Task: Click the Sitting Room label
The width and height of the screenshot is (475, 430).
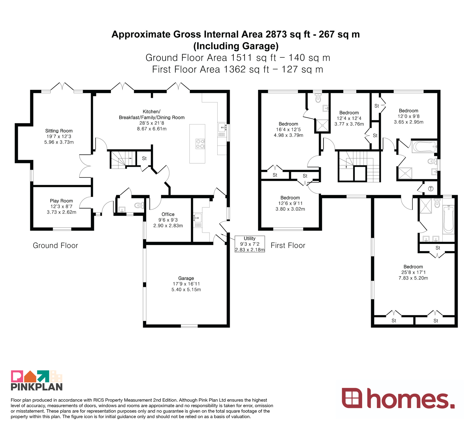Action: (59, 131)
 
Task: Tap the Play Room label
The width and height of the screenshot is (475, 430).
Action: (61, 201)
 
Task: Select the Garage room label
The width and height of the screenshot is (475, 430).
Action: (186, 278)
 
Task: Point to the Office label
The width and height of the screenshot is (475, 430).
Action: (168, 214)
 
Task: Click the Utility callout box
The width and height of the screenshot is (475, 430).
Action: (250, 244)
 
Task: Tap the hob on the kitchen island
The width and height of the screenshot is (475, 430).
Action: (200, 144)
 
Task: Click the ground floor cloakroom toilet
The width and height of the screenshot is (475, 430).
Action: (139, 205)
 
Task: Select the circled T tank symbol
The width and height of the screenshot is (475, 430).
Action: (431, 189)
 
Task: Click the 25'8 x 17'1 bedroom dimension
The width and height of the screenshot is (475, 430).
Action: (413, 272)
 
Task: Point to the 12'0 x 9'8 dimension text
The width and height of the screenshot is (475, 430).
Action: (408, 116)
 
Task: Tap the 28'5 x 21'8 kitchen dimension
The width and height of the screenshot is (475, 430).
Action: (152, 123)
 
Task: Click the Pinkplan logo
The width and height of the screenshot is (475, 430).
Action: (37, 381)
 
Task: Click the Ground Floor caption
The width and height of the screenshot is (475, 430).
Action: (56, 245)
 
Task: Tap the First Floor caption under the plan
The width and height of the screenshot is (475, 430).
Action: (288, 245)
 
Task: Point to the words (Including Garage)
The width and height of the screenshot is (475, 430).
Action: (236, 46)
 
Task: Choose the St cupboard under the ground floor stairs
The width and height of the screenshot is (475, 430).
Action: (144, 159)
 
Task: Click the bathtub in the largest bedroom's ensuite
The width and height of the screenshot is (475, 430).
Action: (449, 220)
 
